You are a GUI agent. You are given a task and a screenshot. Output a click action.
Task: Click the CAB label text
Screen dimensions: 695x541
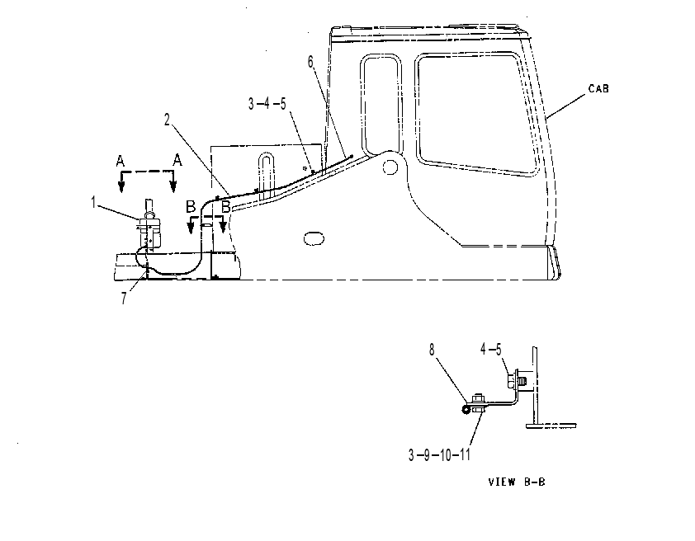[x=598, y=88]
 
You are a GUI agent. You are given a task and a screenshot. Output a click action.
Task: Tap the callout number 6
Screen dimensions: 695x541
[x=310, y=63]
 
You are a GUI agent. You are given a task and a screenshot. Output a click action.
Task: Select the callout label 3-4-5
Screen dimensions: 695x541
[x=267, y=104]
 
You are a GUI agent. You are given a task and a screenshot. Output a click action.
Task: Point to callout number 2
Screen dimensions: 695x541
[x=167, y=120]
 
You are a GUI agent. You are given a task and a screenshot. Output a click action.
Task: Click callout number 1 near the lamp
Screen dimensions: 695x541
[x=93, y=203]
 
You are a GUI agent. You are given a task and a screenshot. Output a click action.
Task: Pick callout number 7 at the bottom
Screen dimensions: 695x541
[x=124, y=299]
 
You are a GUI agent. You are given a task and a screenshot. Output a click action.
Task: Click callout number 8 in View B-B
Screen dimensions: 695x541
[x=432, y=350]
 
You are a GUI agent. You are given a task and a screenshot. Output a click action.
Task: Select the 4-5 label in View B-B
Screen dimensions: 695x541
[x=491, y=350]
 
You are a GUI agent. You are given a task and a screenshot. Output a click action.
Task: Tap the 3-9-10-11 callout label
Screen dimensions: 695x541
[x=439, y=454]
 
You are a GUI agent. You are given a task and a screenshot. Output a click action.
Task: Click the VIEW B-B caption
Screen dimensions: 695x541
[x=517, y=482]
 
